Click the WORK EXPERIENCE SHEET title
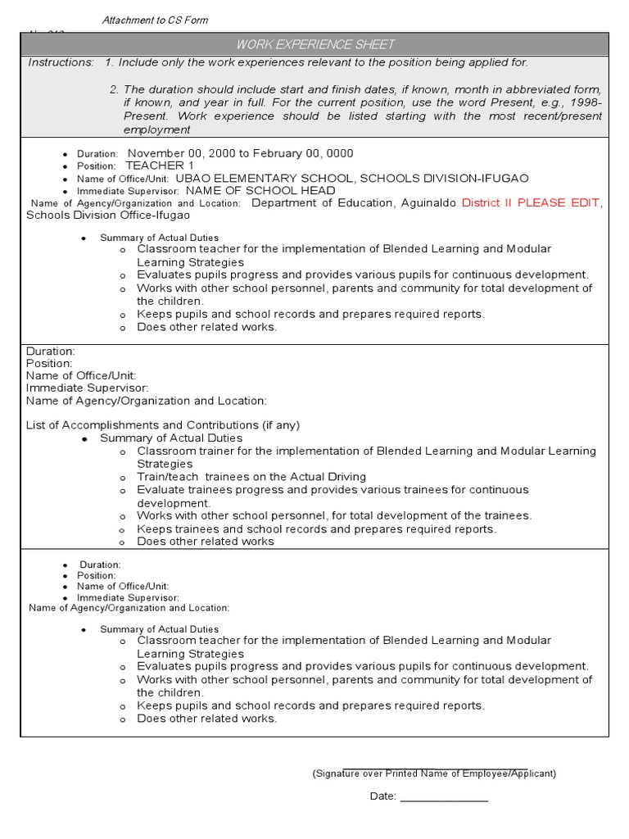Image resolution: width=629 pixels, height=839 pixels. [x=315, y=44]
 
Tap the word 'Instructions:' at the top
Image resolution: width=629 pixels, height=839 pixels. [x=61, y=62]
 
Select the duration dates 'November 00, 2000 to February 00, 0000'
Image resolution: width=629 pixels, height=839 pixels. [x=240, y=153]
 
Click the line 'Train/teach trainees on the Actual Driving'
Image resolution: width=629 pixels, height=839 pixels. [x=251, y=477]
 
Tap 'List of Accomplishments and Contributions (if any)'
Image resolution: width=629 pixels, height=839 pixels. [x=163, y=425]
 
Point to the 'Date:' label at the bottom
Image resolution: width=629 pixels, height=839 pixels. [x=382, y=796]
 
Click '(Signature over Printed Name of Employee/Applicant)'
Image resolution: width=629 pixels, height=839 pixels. [x=434, y=773]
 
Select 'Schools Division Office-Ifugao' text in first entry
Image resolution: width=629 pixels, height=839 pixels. [x=108, y=215]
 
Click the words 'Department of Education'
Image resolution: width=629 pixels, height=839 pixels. [x=314, y=203]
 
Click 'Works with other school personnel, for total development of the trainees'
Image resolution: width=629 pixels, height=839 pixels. [x=334, y=516]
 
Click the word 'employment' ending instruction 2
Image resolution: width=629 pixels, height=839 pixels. [x=156, y=129]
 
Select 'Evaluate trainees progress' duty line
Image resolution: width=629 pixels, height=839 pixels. [x=210, y=490]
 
